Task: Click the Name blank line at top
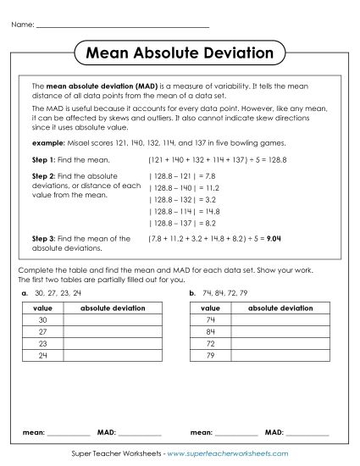click(123, 24)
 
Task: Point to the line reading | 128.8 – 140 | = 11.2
click(184, 188)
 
